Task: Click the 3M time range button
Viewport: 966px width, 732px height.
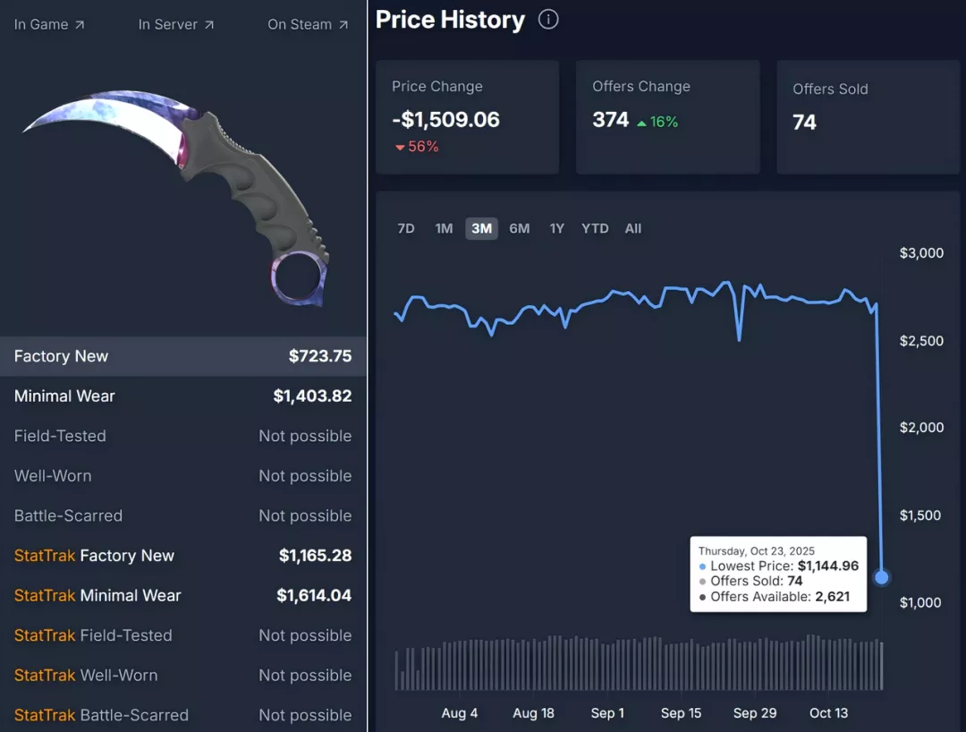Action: click(x=481, y=228)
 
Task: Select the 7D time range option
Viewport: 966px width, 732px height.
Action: click(x=406, y=228)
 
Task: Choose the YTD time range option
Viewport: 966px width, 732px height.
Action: click(x=595, y=228)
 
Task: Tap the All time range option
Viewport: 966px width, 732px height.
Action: click(x=633, y=228)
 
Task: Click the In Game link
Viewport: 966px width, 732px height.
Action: click(x=49, y=24)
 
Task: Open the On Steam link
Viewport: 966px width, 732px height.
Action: click(x=308, y=24)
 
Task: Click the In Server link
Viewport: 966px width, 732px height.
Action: click(x=176, y=24)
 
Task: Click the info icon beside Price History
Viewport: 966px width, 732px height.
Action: click(x=548, y=19)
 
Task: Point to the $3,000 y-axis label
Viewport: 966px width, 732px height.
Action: click(x=921, y=253)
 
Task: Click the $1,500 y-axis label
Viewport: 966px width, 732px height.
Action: click(x=921, y=515)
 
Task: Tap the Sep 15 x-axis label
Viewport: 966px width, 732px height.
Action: click(x=681, y=713)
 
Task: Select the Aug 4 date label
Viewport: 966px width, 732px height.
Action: click(x=460, y=713)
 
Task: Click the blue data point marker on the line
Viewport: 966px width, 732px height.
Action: click(x=882, y=577)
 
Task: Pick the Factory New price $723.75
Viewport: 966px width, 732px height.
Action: click(x=320, y=356)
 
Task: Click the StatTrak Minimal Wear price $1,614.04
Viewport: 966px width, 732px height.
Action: click(x=314, y=595)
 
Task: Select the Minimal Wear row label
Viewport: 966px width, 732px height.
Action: click(x=64, y=396)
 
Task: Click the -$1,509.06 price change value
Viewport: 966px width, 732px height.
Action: click(x=445, y=120)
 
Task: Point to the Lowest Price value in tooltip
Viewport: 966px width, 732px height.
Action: click(x=828, y=566)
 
